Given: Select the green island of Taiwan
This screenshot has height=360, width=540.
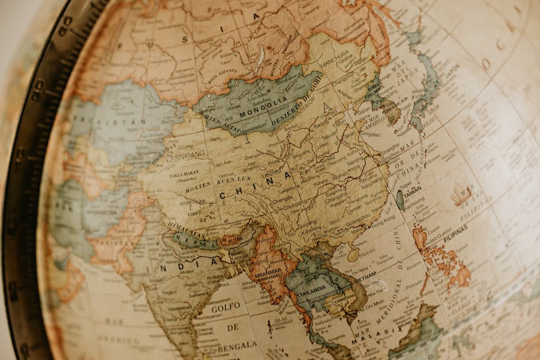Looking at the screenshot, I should pos(400,200).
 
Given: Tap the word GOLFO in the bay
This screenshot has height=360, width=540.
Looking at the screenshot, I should pos(226,308).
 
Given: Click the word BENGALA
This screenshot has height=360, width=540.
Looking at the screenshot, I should pos(237,345).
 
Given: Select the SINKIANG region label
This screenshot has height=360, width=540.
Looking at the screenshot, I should pos(187,155).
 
